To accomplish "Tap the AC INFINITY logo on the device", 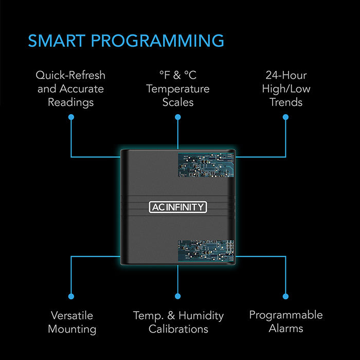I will (178, 207).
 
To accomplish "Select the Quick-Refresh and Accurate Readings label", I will (70, 88).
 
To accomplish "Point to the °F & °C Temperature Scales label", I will (178, 88).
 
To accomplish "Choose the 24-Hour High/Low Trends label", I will (286, 88).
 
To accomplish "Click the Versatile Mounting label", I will (71, 321).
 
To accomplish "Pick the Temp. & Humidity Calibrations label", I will (178, 321).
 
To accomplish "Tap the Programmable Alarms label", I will (286, 321).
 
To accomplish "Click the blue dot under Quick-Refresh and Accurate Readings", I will (71, 117).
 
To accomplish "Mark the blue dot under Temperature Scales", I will (178, 117).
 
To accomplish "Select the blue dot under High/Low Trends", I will (286, 117).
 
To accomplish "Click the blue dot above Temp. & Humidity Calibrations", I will (178, 296).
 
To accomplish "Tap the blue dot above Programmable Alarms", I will (286, 296).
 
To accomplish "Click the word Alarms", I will (286, 328).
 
